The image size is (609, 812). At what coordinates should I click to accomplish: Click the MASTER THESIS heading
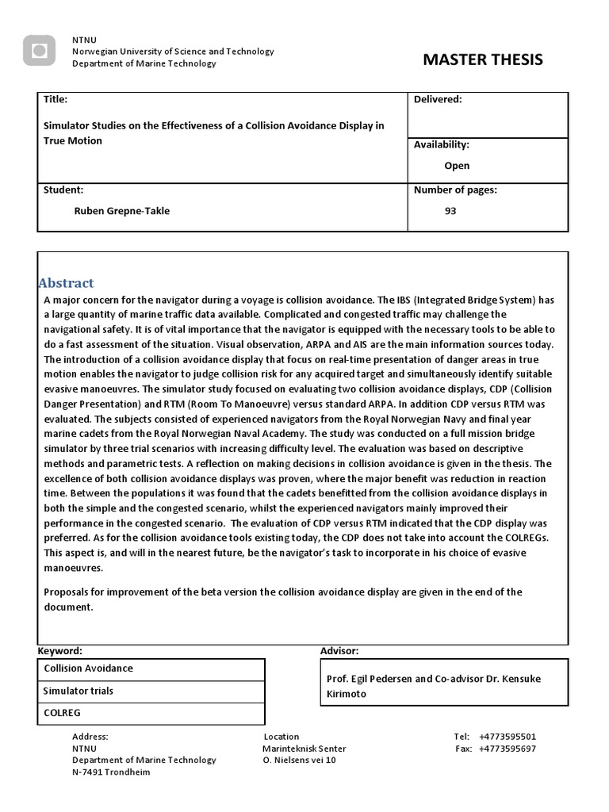[x=483, y=60]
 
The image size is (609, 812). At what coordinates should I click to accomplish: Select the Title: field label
[x=56, y=100]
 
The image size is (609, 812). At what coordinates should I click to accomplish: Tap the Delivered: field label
[x=438, y=99]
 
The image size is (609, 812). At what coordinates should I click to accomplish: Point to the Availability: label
[x=442, y=145]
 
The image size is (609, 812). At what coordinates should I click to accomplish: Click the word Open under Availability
[x=457, y=166]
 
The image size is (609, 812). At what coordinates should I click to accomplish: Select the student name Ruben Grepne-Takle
[x=122, y=211]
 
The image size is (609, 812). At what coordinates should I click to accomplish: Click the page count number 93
[x=450, y=211]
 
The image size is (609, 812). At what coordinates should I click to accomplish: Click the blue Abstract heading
[x=67, y=283]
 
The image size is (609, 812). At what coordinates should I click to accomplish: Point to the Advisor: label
[x=339, y=651]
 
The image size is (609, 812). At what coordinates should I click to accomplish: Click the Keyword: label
[x=60, y=651]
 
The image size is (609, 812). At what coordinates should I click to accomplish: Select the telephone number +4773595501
[x=507, y=737]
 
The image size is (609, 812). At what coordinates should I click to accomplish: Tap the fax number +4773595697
[x=507, y=749]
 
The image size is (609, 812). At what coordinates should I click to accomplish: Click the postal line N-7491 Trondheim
[x=111, y=772]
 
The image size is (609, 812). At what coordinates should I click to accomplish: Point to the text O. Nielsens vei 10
[x=300, y=760]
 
